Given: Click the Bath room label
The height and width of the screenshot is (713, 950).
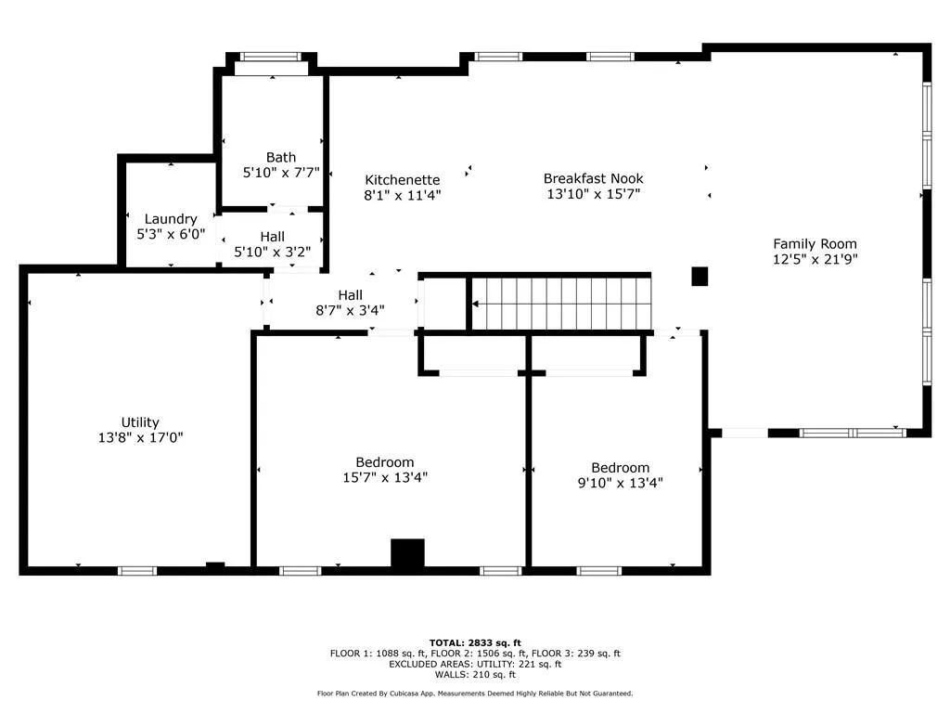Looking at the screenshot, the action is (281, 158).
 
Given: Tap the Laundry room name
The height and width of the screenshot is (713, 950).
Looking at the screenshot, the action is (171, 219).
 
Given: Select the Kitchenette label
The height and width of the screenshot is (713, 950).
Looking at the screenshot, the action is (403, 180).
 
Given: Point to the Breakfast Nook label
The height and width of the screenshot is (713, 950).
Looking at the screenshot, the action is (593, 179).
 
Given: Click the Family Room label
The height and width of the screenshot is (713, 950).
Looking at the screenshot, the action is (815, 244).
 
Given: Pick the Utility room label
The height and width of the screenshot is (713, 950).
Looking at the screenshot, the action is (140, 422).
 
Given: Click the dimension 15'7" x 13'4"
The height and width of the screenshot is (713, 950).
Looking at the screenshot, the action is (385, 478).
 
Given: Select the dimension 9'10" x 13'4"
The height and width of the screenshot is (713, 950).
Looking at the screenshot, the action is (621, 483).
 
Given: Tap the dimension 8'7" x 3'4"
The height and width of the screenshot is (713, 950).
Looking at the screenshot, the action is (350, 310).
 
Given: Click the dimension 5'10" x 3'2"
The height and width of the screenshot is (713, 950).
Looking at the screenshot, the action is (273, 253).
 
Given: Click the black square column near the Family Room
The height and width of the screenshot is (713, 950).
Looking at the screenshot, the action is (700, 277).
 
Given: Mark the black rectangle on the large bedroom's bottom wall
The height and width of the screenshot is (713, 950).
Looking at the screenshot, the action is (407, 553).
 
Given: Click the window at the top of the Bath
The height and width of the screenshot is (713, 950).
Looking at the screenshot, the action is (271, 57).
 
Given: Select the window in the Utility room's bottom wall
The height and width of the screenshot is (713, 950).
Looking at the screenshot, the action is (137, 571).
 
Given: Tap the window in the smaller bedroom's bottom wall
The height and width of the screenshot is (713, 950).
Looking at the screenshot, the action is (598, 571).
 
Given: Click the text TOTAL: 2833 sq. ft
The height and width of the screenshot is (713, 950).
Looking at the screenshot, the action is (475, 643).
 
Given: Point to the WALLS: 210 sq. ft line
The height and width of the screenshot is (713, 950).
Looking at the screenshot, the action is (475, 675).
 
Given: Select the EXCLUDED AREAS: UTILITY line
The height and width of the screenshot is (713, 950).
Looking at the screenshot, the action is (475, 665).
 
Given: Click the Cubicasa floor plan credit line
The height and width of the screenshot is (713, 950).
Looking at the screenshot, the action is (475, 694).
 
